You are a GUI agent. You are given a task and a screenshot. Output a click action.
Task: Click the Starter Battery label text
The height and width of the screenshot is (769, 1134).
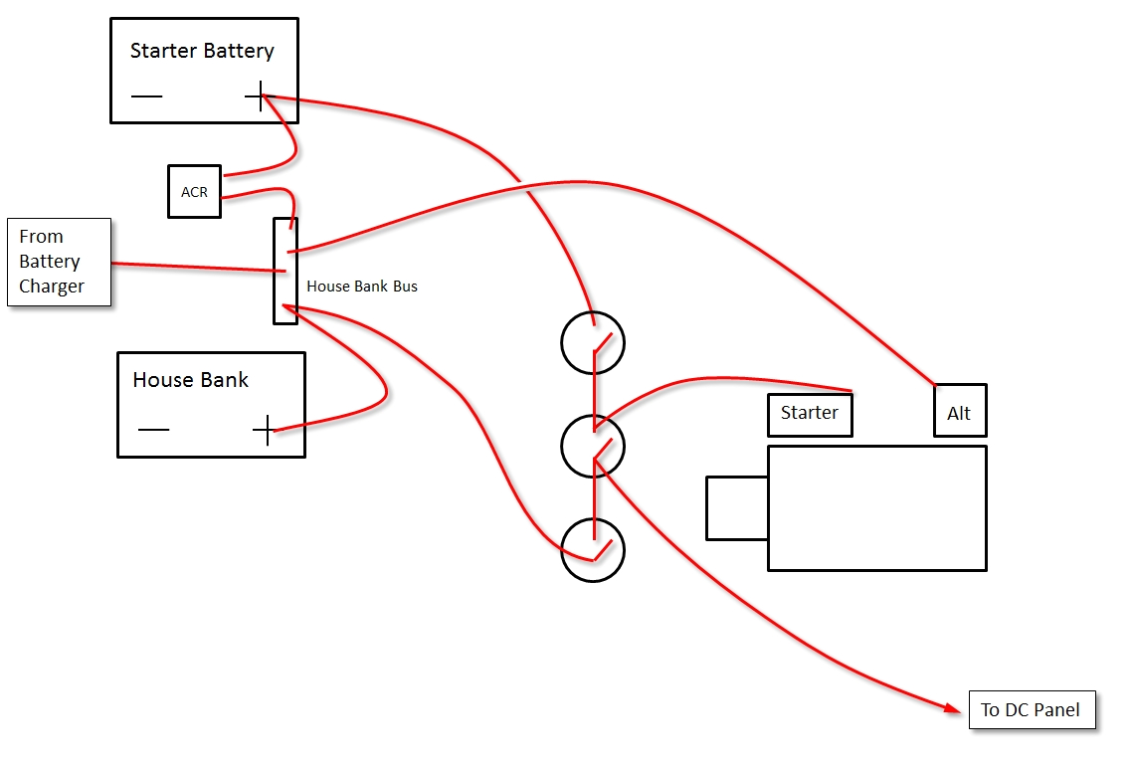coord(202,51)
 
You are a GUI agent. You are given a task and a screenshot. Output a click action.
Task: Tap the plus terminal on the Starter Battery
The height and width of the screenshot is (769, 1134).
coord(260,96)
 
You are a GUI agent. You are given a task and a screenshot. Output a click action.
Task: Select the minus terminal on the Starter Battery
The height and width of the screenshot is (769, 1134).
coord(146,96)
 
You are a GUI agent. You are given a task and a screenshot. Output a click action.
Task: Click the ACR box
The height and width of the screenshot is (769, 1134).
coord(194,191)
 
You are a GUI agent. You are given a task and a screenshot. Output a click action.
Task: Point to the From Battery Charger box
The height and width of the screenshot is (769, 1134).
coord(59,262)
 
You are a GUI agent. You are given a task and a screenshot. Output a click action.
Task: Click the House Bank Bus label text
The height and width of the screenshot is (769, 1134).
coord(361,287)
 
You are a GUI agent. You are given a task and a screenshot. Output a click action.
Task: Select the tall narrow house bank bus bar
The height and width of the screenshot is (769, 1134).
coord(285,271)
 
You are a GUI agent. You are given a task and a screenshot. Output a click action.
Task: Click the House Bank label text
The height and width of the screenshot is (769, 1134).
coord(190,380)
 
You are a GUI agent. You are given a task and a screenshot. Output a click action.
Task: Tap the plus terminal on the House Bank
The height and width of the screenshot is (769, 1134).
coord(265,430)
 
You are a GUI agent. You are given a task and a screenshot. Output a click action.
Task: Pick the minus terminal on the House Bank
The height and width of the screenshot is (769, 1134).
coord(153,430)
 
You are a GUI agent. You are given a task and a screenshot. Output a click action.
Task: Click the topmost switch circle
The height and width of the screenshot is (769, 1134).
coord(593,343)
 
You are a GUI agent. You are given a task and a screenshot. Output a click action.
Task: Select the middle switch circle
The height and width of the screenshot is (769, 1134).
coord(593,447)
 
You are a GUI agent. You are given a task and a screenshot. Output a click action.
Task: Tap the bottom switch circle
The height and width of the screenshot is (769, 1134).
coord(593,549)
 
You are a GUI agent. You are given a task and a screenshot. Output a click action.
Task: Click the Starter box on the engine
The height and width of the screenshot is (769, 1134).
coord(810,414)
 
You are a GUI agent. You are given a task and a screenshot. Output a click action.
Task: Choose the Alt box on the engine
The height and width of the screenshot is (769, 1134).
coord(959,410)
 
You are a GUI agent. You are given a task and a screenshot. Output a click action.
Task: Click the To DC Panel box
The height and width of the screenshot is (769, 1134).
coord(1032,710)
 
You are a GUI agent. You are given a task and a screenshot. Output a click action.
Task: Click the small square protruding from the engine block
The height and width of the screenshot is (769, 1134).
coord(736,507)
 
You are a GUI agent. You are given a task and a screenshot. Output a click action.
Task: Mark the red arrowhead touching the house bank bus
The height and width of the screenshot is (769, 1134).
coord(289,310)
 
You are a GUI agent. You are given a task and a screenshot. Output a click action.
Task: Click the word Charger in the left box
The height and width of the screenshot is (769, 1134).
coord(52,287)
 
